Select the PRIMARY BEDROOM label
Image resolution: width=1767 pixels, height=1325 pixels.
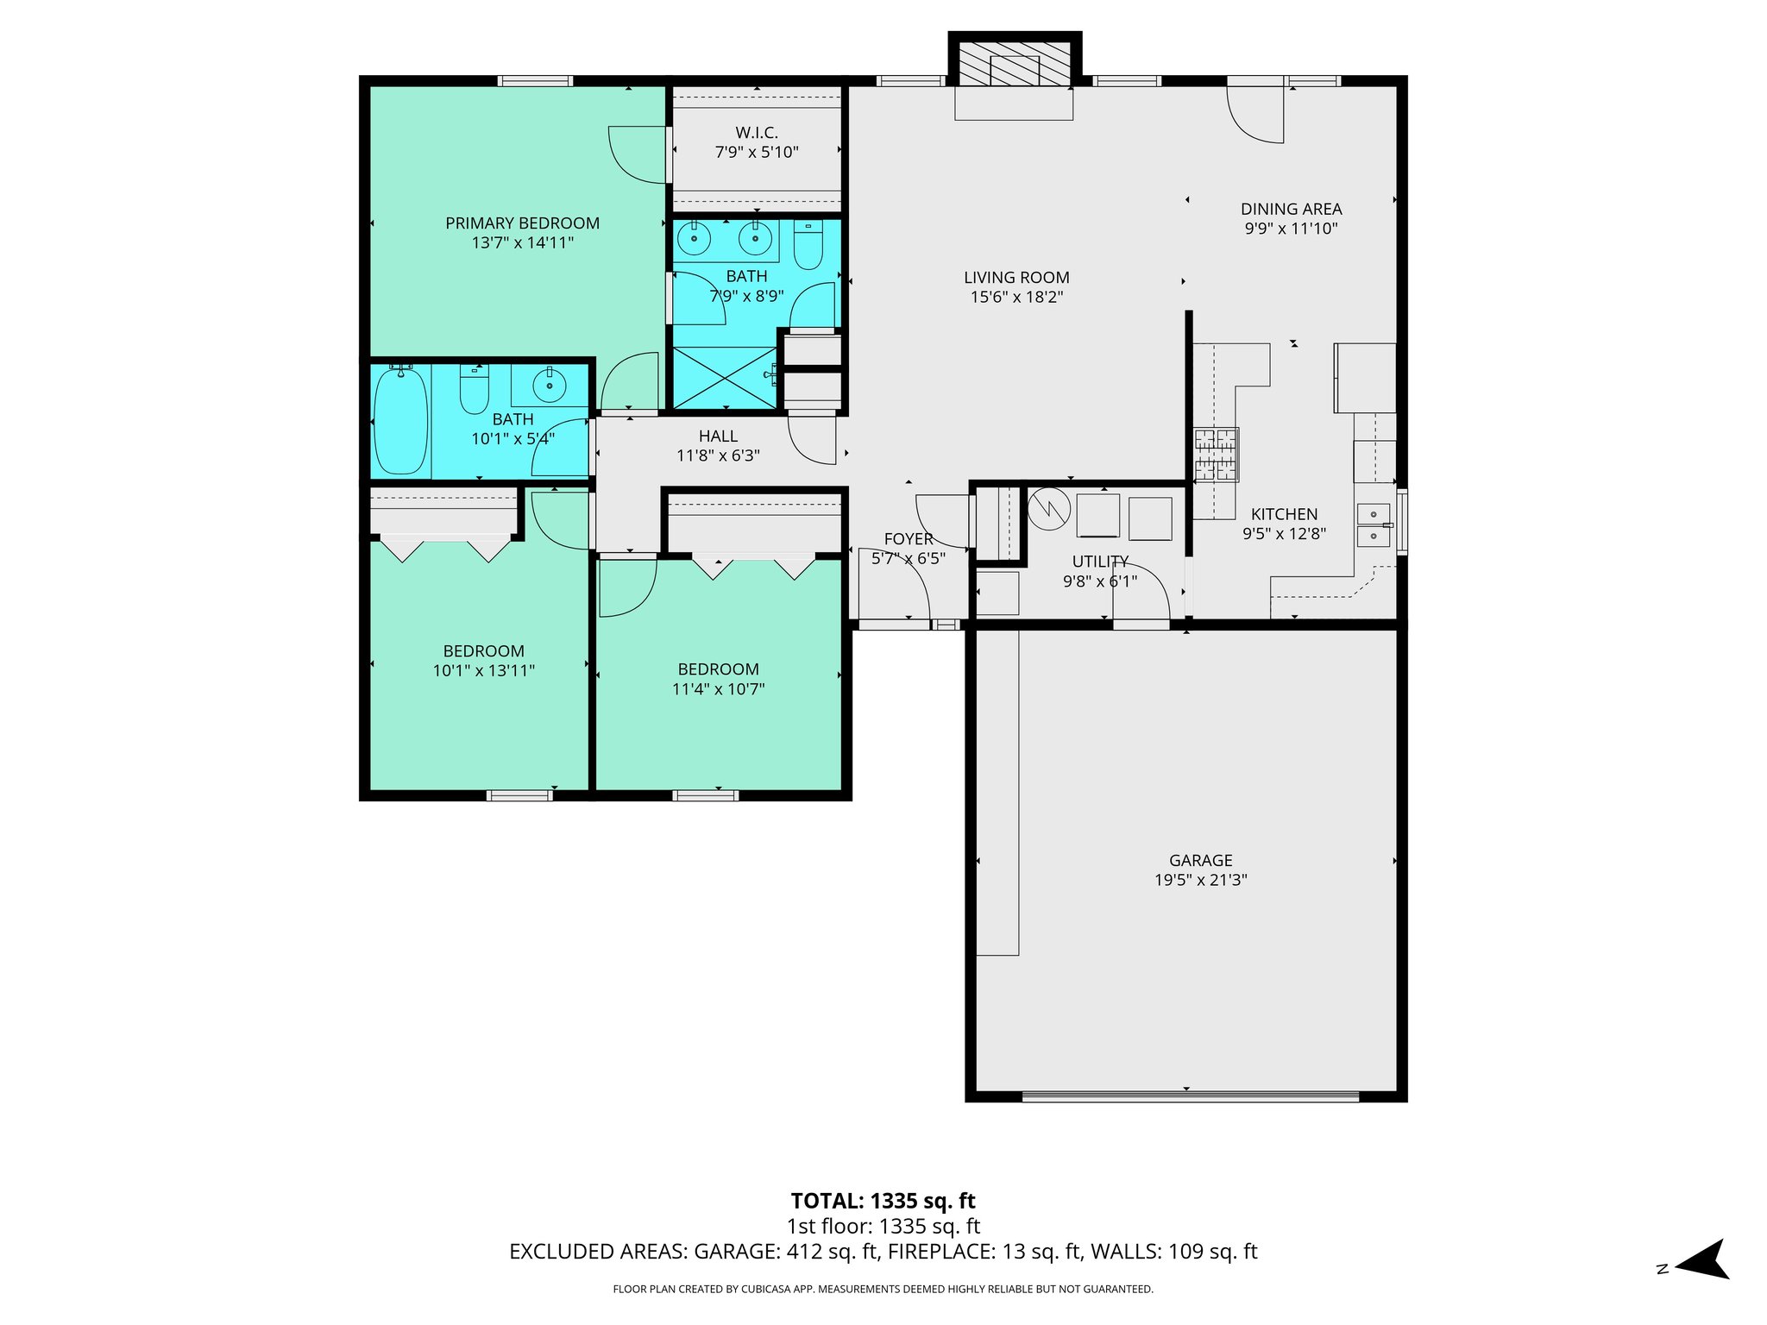[522, 223]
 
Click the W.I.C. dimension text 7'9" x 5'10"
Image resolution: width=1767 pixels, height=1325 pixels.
[757, 153]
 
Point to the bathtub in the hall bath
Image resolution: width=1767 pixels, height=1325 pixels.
[401, 420]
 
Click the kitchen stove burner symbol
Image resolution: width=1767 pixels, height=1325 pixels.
[1216, 454]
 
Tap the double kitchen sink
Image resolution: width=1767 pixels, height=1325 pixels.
[1374, 525]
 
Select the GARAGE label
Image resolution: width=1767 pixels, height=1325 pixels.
[1200, 860]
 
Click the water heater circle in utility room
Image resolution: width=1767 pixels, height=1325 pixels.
[1048, 510]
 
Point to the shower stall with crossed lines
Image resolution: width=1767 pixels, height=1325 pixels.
[725, 378]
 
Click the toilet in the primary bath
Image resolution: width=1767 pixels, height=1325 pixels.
[808, 245]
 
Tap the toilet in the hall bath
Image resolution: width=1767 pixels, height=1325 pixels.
[474, 389]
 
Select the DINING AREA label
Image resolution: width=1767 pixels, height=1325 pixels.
[1291, 209]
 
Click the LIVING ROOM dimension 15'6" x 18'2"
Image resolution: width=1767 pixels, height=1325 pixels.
[1016, 298]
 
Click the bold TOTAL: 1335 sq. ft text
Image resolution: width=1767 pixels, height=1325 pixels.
[883, 1201]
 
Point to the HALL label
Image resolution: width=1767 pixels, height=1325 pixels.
[718, 436]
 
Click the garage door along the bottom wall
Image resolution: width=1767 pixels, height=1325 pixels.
[1189, 1096]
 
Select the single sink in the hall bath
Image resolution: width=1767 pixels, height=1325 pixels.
[549, 385]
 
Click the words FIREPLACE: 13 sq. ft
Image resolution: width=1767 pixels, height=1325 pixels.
[984, 1252]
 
